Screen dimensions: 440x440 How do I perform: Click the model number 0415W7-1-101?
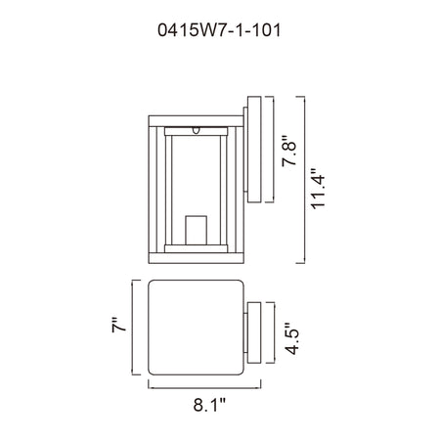click(x=219, y=30)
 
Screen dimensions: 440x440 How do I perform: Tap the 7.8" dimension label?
click(x=289, y=151)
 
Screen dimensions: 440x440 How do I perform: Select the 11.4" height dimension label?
click(x=318, y=189)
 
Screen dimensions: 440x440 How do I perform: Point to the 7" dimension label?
click(x=118, y=325)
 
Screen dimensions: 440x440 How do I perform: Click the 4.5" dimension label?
click(x=291, y=338)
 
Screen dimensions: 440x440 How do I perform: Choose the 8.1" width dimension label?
click(x=209, y=405)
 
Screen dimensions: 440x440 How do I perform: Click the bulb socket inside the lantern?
click(x=196, y=230)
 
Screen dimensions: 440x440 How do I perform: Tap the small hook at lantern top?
click(x=196, y=130)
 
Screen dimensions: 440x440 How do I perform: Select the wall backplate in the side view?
click(x=254, y=150)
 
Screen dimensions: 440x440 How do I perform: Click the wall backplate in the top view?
click(x=254, y=332)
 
